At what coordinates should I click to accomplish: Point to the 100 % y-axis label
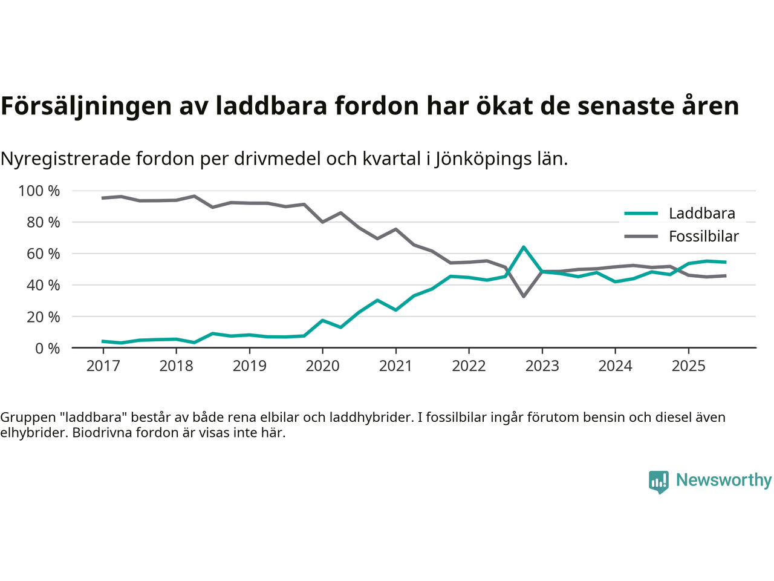[x=39, y=191]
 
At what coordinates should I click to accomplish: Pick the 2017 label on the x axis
[x=103, y=366]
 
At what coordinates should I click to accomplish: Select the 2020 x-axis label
[x=322, y=366]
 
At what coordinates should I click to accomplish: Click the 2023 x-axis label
[x=542, y=366]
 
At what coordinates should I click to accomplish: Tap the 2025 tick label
[x=688, y=366]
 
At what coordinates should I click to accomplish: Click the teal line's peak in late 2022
[x=524, y=247]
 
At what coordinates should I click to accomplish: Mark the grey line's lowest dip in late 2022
[x=524, y=296]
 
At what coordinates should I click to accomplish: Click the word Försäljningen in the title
[x=86, y=106]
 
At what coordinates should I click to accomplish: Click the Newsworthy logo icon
[x=659, y=481]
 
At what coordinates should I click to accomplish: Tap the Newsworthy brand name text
[x=723, y=480]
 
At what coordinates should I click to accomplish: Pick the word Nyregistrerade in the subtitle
[x=65, y=159]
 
